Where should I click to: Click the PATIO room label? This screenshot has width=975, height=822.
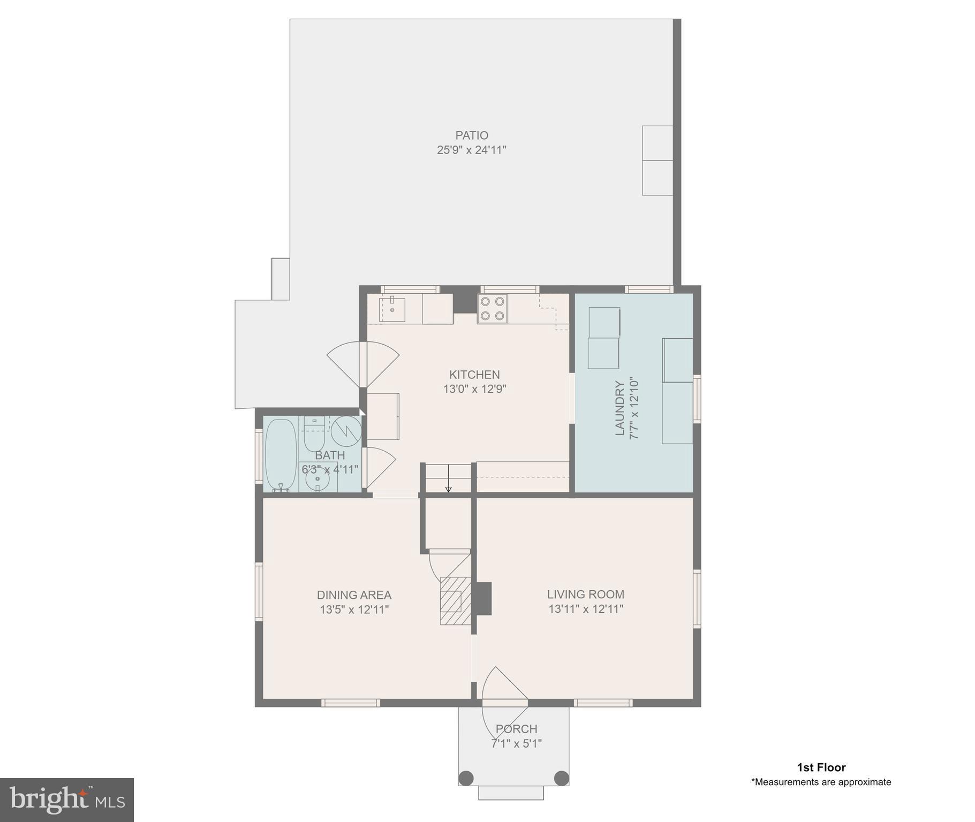tap(471, 135)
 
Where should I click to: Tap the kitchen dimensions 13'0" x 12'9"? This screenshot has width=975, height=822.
tap(474, 389)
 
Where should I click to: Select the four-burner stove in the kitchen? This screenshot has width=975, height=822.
tap(492, 309)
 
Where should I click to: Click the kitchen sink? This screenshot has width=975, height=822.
tap(392, 309)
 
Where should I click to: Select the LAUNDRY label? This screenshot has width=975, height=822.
tap(619, 408)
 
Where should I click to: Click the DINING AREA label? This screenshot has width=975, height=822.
tap(354, 595)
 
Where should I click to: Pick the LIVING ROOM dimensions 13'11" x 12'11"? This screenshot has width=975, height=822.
tap(585, 609)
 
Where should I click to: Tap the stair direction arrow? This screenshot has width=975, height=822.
tap(448, 489)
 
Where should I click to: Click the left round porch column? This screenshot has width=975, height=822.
tap(466, 777)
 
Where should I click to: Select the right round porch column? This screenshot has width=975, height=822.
tap(561, 777)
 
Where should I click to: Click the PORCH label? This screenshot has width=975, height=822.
tap(516, 729)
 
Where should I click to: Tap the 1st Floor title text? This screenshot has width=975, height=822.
tap(821, 767)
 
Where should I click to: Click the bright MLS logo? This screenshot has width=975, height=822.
tap(66, 800)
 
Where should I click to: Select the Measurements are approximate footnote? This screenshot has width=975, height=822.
tap(821, 782)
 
